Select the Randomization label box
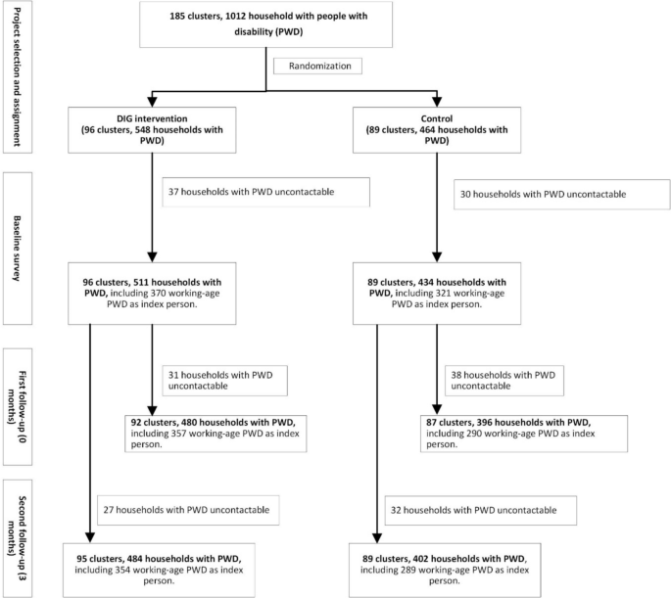click(325, 67)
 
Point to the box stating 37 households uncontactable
click(266, 192)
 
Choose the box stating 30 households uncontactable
click(555, 195)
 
